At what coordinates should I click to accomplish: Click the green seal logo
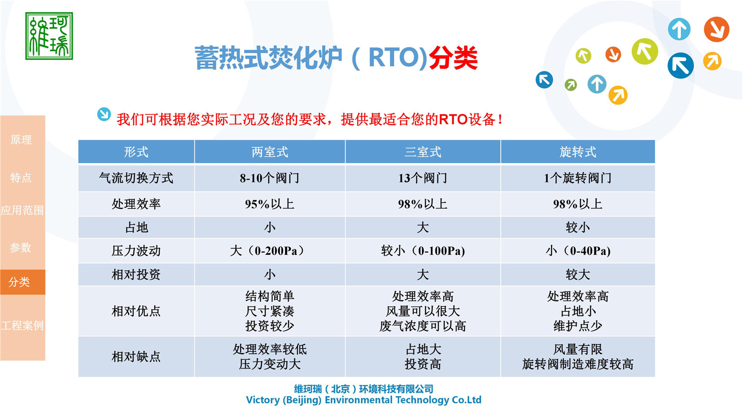pos(49,36)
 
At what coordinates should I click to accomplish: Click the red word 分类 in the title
pos(453,58)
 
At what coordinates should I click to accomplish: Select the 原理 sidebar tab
pos(21,140)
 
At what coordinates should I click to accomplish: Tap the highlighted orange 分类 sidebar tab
pos(20,282)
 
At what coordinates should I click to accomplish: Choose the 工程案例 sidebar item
pos(22,325)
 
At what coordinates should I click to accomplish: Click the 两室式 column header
pos(270,152)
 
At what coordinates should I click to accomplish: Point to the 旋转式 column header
pos(577,152)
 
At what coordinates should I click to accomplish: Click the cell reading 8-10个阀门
pos(270,178)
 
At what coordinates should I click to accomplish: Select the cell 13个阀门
pos(423,178)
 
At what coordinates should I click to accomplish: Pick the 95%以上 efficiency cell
pos(270,204)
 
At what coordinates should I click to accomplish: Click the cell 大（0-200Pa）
pos(270,251)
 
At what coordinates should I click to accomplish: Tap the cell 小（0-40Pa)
pos(577,251)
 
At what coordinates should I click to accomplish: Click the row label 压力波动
pos(136,251)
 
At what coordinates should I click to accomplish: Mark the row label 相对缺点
pos(136,356)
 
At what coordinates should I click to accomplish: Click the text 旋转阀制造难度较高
pos(577,364)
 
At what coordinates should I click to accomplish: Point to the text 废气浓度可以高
pos(423,326)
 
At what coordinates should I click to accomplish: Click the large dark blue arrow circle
pos(680,66)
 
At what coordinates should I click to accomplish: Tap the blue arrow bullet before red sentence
pos(104,114)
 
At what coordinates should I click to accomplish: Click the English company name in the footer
pos(363,400)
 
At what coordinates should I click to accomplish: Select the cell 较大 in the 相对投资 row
pos(577,275)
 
